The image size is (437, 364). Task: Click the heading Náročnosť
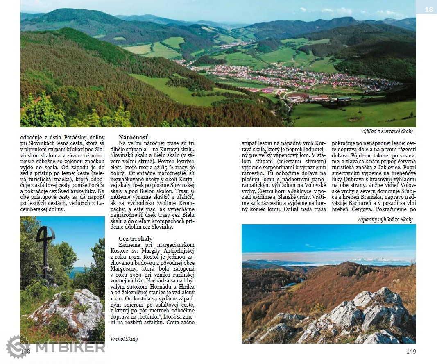coord(133,137)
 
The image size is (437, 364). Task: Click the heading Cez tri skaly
coord(136,239)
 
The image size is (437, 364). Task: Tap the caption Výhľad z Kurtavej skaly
coord(387,132)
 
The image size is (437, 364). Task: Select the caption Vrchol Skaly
coord(124,339)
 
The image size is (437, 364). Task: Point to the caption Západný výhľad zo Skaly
coord(385,220)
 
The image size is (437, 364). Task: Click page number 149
coord(411,351)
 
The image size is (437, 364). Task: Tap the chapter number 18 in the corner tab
coord(428,9)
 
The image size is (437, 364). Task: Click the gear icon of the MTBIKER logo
coord(18,346)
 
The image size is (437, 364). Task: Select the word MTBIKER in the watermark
coord(70,347)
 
